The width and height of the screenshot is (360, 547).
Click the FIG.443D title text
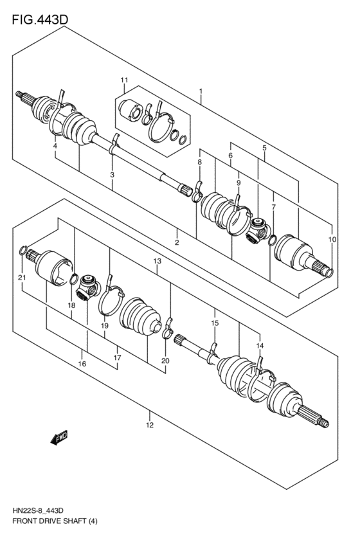pos(39,20)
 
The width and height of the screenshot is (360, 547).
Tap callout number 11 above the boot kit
pos(124,80)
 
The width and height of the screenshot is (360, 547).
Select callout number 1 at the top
pos(201,91)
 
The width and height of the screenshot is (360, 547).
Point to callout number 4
pos(55,147)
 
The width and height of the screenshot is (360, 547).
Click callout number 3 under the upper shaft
pos(112,174)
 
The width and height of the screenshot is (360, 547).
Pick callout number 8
pos(199,163)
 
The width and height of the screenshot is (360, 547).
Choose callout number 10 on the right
pos(332,239)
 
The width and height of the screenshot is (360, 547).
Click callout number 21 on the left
pos(22,278)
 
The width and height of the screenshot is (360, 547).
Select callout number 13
pos(156,261)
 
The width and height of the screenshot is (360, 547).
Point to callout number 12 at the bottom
pos(149,425)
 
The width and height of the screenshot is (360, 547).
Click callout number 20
pos(165,361)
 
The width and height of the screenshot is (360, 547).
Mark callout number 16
pos(82,364)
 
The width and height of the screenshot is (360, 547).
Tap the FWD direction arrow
pos(59,438)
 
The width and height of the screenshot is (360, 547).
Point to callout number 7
pos(273,207)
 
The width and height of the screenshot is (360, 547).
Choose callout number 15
pos(215,323)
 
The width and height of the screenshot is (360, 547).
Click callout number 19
pos(105,326)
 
